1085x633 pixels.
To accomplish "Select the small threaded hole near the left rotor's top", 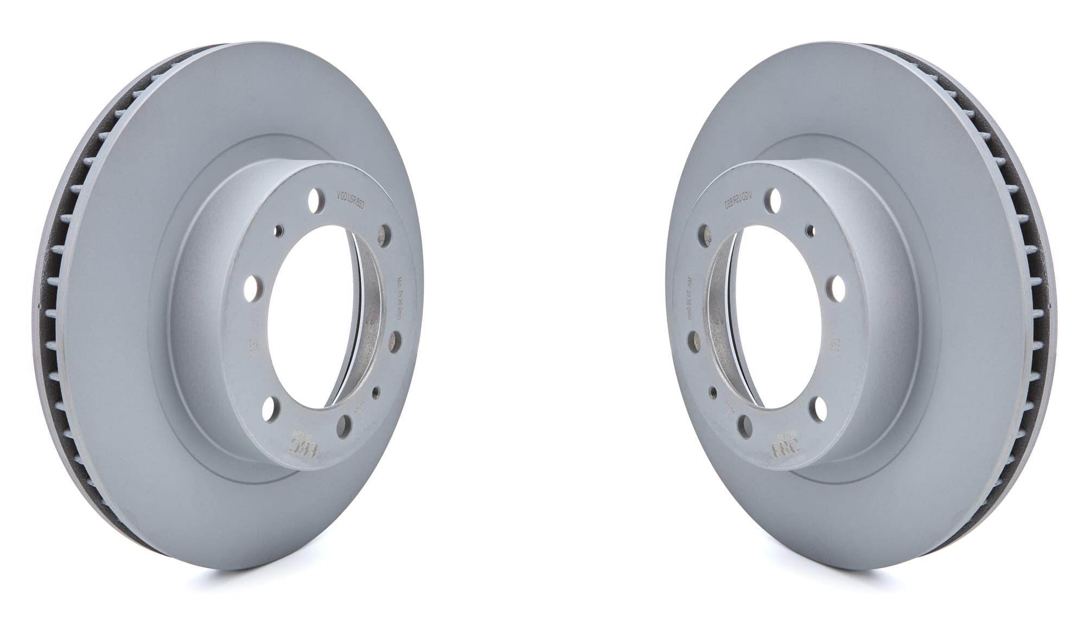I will click(278, 230).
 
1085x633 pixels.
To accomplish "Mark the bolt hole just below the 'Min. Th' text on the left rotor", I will click(395, 341).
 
